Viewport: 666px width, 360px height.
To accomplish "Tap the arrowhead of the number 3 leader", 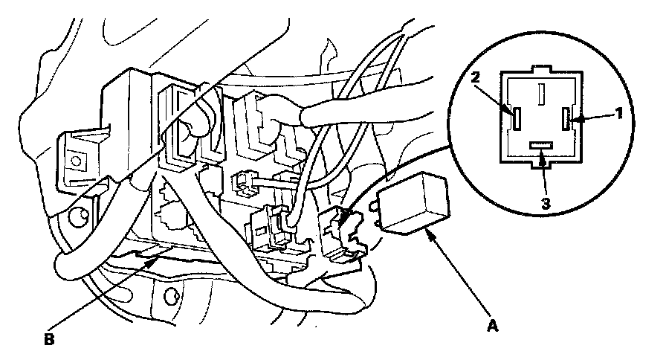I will tap(544, 154).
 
